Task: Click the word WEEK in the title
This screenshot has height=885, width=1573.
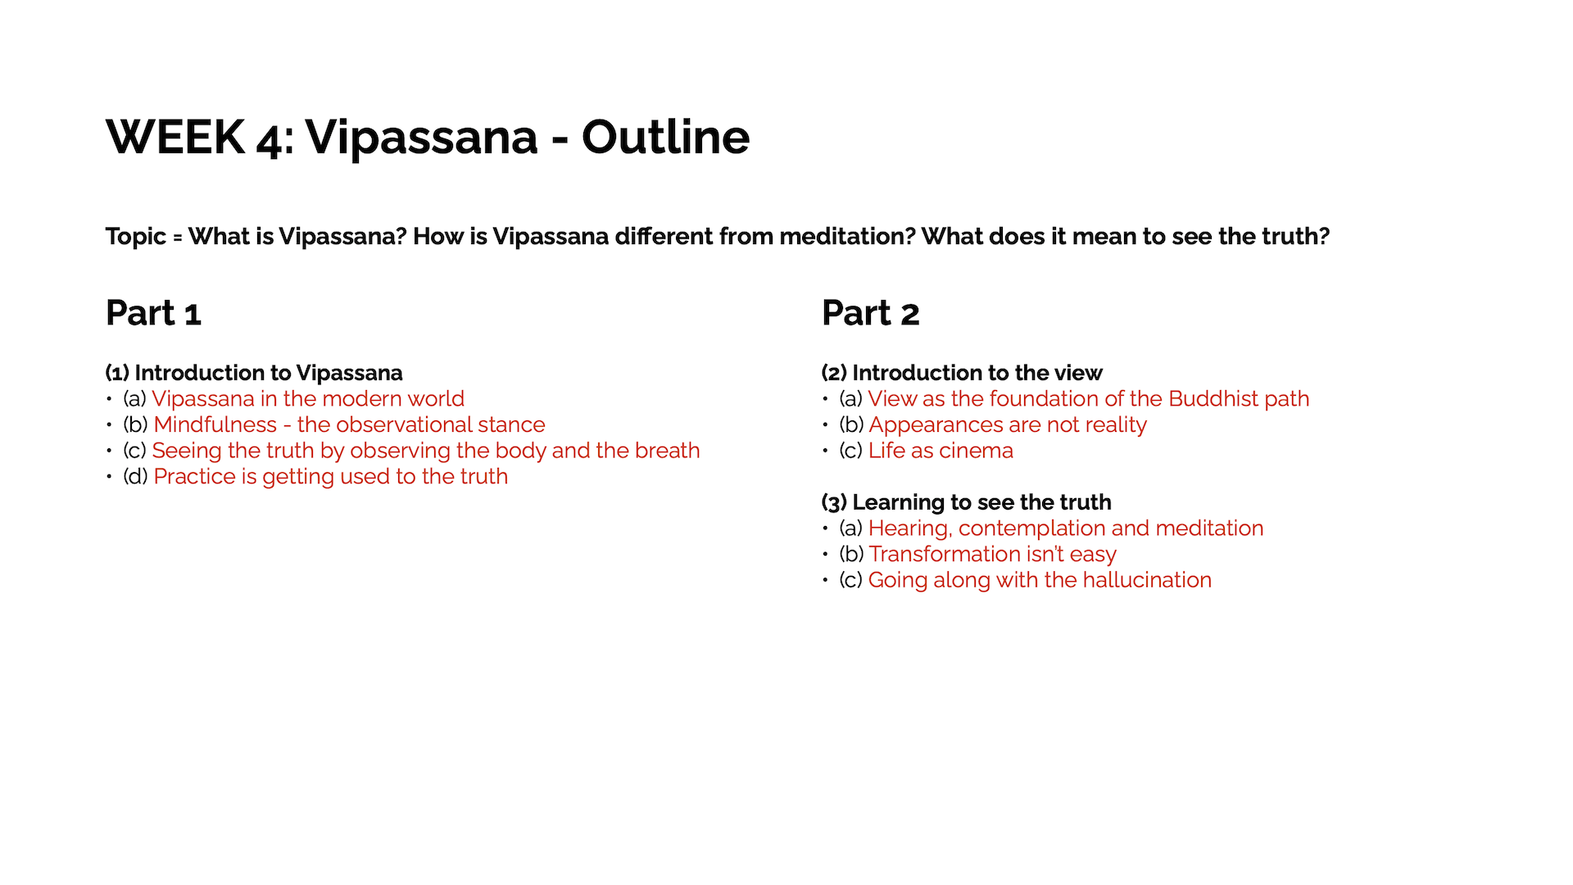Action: coord(175,137)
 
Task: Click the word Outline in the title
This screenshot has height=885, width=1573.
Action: coord(665,137)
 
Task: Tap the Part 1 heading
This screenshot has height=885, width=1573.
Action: coord(153,313)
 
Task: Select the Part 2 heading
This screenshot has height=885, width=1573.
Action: coord(870,313)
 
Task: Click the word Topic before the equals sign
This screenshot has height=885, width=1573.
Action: coord(135,237)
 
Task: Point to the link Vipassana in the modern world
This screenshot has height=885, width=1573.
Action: coord(308,399)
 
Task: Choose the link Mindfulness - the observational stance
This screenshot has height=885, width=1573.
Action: coord(349,424)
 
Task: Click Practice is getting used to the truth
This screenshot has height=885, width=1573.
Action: coord(330,477)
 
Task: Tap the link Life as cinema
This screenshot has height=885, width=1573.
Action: coord(941,451)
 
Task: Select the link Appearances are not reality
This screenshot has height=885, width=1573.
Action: coord(1008,425)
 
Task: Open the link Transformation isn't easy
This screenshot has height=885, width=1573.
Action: coord(992,555)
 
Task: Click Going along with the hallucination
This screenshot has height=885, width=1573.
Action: coord(1040,580)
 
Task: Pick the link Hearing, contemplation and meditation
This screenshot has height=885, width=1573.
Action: coord(1066,529)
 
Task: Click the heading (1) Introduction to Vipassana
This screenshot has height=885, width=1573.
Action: coord(254,373)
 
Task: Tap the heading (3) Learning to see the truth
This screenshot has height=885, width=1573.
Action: coord(967,502)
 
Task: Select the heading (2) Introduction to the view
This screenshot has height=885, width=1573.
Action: coord(962,373)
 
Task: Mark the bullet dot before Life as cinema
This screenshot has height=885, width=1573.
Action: coord(826,452)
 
